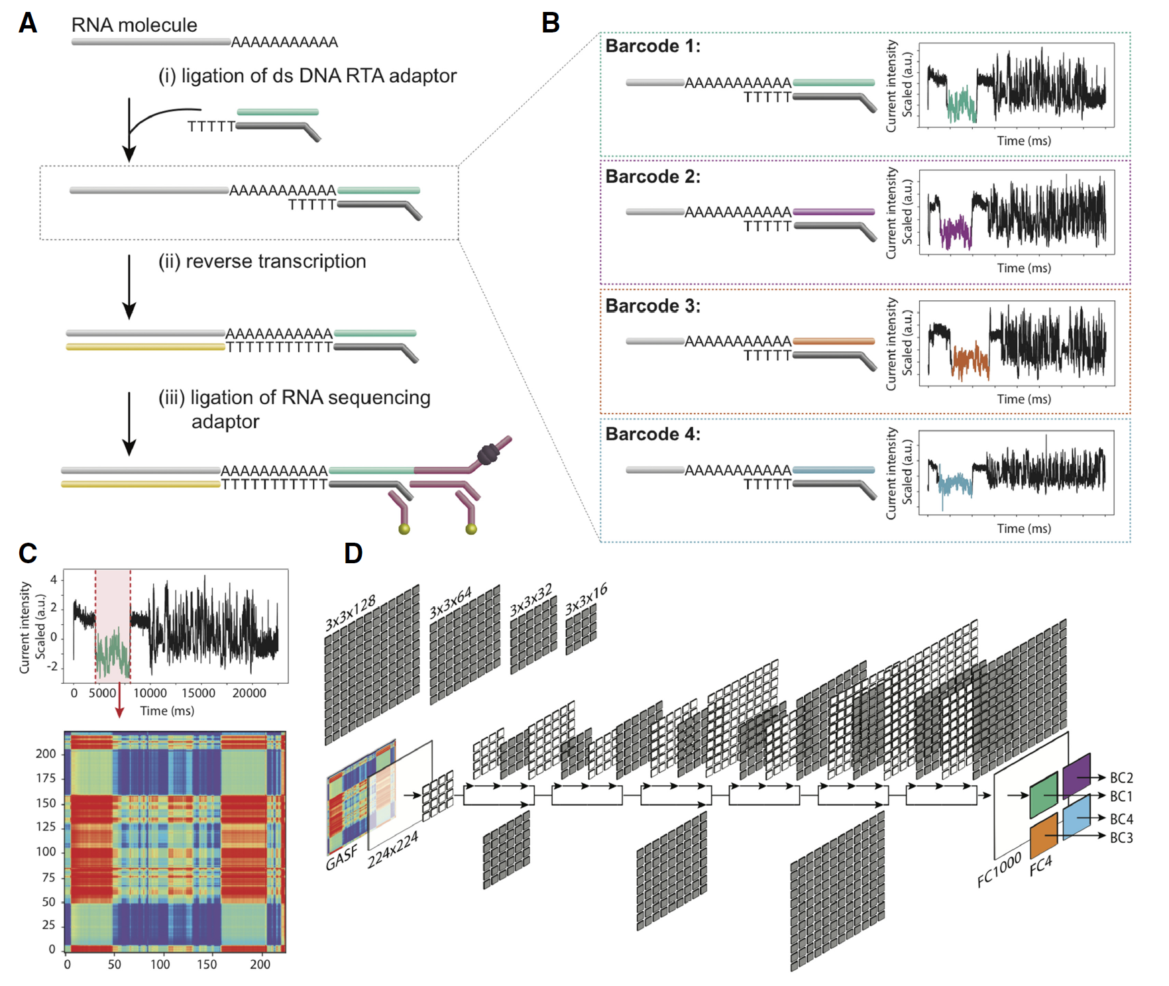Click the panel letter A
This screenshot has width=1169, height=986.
point(28,23)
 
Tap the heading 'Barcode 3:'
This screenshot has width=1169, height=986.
point(653,306)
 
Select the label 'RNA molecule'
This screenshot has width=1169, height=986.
point(134,25)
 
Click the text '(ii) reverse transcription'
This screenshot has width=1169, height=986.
point(262,262)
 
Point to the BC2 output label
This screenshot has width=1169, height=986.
point(1121,778)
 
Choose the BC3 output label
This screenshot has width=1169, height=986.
point(1121,838)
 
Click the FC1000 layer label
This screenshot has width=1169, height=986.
point(999,870)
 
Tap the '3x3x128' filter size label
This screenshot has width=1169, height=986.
point(351,613)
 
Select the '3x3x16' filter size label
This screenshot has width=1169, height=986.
point(586,600)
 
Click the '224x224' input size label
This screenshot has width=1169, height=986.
point(392,849)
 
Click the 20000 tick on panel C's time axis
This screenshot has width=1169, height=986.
point(249,693)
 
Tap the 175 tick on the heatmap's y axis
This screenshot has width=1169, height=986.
point(46,778)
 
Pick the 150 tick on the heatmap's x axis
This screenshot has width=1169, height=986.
point(207,965)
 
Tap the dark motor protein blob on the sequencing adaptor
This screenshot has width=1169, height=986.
point(488,454)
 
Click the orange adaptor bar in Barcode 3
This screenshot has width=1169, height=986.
point(834,341)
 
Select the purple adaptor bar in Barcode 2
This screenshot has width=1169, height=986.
point(834,212)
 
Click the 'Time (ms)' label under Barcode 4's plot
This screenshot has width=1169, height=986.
point(1024,529)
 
